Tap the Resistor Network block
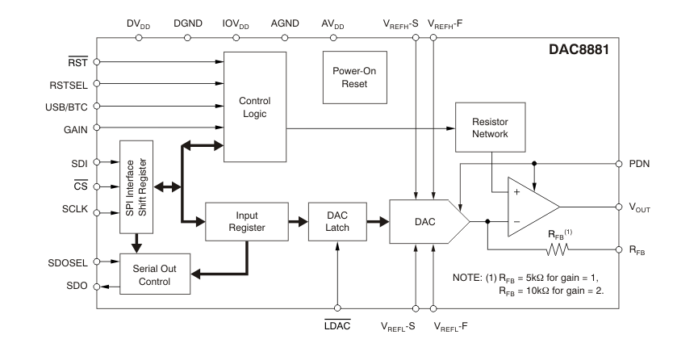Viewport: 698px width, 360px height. pos(489,127)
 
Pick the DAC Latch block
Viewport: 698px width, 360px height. pos(337,222)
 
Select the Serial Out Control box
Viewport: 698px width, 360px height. pos(153,274)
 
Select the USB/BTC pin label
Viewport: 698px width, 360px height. pos(61,105)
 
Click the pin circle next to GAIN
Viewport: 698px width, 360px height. pos(97,128)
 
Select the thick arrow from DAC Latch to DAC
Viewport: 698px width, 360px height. pos(375,221)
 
